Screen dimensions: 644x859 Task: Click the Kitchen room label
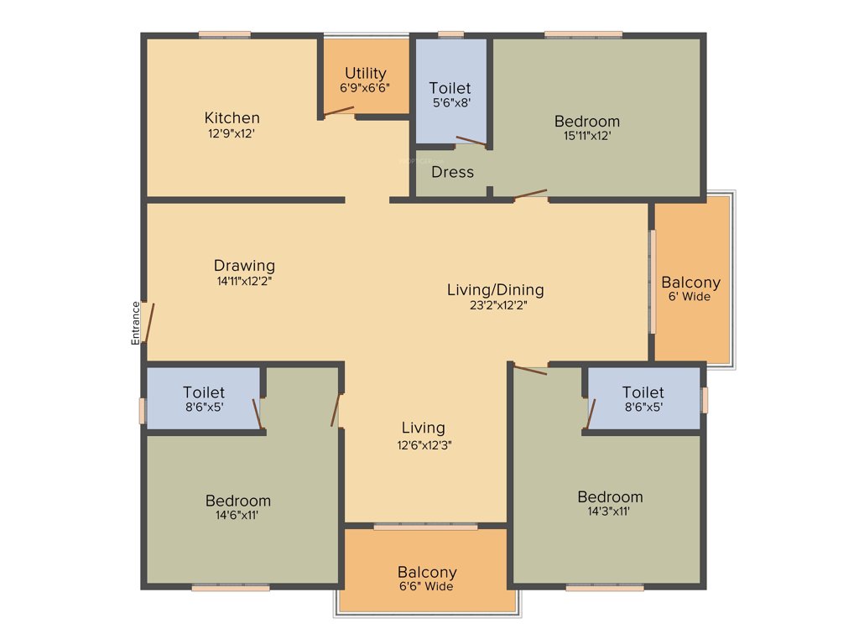point(232,117)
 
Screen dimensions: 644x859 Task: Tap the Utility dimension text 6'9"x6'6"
point(365,87)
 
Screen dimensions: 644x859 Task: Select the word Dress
point(452,172)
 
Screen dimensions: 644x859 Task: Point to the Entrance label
point(135,323)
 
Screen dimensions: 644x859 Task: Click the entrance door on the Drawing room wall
point(148,323)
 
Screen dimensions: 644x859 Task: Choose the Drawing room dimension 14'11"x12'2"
point(244,282)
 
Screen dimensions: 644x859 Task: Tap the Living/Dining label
point(495,290)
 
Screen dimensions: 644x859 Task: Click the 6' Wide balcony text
point(690,297)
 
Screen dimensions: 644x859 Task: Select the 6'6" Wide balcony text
point(427,587)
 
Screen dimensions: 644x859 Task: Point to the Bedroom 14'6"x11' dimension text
point(238,516)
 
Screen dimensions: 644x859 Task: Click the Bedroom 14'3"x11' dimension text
point(610,511)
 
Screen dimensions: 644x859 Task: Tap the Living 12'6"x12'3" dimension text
point(423,444)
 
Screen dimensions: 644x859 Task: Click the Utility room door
point(340,111)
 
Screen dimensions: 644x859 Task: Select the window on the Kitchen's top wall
point(225,34)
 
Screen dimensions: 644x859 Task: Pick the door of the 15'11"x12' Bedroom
point(530,195)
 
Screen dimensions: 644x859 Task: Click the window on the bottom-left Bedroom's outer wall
point(231,588)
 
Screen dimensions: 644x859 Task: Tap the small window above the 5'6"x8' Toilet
point(451,34)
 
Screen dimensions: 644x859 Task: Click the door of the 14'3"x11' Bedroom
point(530,369)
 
